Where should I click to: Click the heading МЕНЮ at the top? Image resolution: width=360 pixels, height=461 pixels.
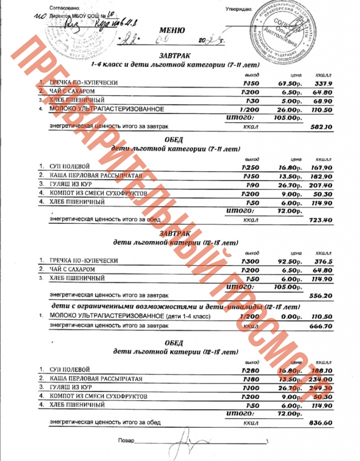tap(172, 31)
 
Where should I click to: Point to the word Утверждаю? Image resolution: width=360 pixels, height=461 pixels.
tap(238, 9)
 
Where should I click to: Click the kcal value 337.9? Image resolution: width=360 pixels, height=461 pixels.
tap(323, 83)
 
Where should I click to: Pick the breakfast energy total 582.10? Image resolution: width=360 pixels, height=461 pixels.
tap(321, 127)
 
